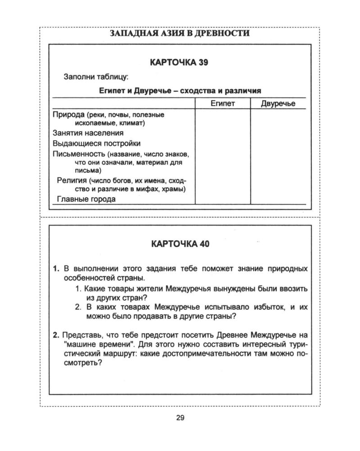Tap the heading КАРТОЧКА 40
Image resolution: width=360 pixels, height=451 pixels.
(180, 244)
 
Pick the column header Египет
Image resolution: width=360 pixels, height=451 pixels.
(223, 104)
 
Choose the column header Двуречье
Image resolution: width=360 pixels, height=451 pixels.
(278, 104)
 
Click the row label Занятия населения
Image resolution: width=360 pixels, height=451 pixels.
(88, 133)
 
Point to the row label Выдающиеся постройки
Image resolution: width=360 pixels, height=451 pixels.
(96, 143)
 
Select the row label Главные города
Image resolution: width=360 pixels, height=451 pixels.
(86, 198)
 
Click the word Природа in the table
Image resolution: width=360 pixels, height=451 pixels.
(69, 115)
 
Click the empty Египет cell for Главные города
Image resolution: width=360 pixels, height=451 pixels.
(223, 198)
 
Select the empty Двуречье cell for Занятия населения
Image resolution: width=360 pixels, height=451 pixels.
(278, 133)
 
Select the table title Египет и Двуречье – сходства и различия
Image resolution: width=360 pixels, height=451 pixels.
(180, 90)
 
